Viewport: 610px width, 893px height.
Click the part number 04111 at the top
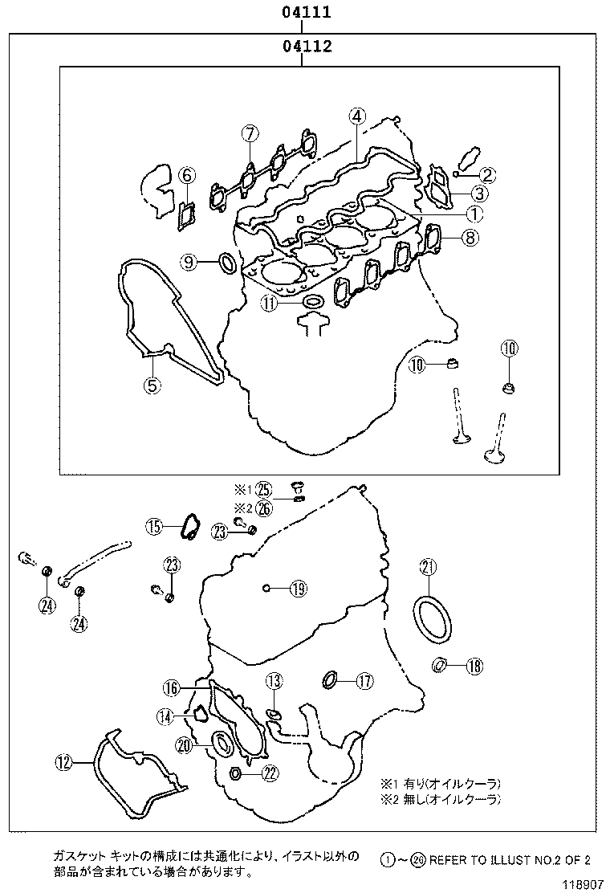(x=306, y=12)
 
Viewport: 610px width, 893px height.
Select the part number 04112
(x=306, y=47)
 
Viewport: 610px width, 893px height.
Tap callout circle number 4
(x=357, y=116)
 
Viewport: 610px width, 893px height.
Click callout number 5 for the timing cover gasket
(x=152, y=385)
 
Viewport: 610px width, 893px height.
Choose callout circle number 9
(x=186, y=174)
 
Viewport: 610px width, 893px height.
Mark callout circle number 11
(x=268, y=303)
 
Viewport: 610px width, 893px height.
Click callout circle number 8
(x=470, y=237)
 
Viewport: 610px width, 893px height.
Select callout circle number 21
(x=428, y=568)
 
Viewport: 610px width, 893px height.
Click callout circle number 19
(x=298, y=589)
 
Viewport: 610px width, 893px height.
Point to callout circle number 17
(x=364, y=682)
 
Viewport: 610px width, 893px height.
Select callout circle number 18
(x=474, y=665)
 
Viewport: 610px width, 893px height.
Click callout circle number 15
(x=154, y=527)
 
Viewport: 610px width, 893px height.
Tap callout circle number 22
(x=270, y=773)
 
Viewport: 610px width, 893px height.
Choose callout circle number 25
(x=266, y=489)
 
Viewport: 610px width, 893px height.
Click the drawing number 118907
(x=582, y=884)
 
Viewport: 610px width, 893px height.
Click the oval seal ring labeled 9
(x=227, y=262)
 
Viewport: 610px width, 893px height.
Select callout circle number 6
(x=186, y=174)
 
